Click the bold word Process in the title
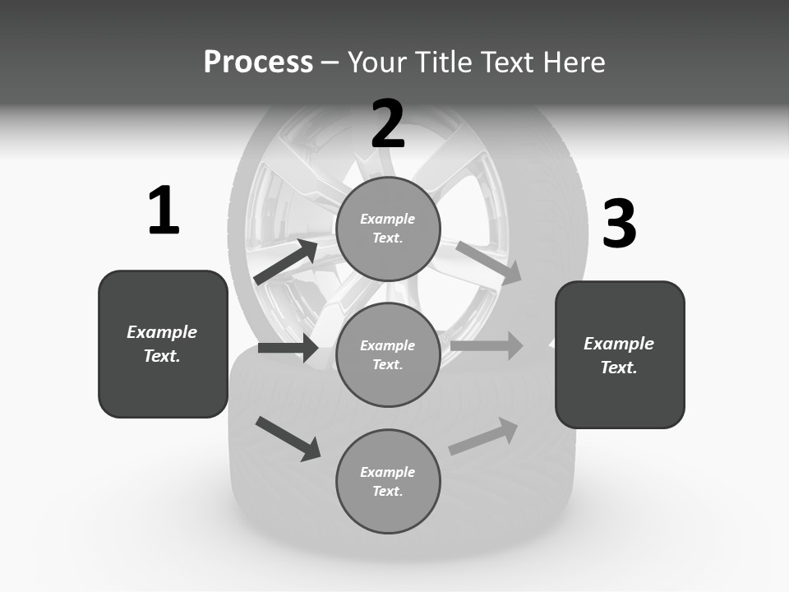click(x=258, y=62)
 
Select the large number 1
click(x=164, y=211)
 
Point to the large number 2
click(x=388, y=124)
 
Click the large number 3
click(x=619, y=224)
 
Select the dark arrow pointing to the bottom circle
click(x=288, y=438)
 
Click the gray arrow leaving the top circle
click(x=489, y=263)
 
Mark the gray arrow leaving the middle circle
click(x=487, y=345)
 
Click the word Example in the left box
click(x=162, y=332)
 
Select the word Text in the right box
click(x=618, y=368)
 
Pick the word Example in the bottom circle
click(x=387, y=472)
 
